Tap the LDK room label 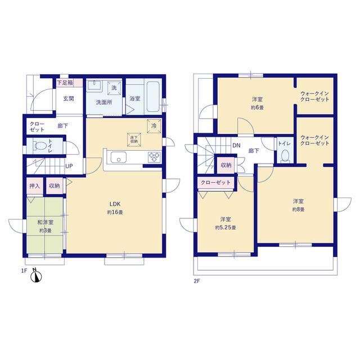point(115,204)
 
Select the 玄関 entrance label point(69,99)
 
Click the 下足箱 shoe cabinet point(69,83)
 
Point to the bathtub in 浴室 point(153,96)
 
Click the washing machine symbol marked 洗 point(114,88)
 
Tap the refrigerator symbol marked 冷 point(154,126)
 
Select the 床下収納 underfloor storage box point(134,139)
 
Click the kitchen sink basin point(119,157)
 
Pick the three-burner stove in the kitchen point(154,157)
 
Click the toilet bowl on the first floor point(40,146)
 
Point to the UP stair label point(69,166)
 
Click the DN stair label point(236,145)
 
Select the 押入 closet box point(35,186)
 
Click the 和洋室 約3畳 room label point(45,226)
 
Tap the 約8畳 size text point(298,209)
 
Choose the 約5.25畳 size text point(226,227)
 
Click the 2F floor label point(197,281)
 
